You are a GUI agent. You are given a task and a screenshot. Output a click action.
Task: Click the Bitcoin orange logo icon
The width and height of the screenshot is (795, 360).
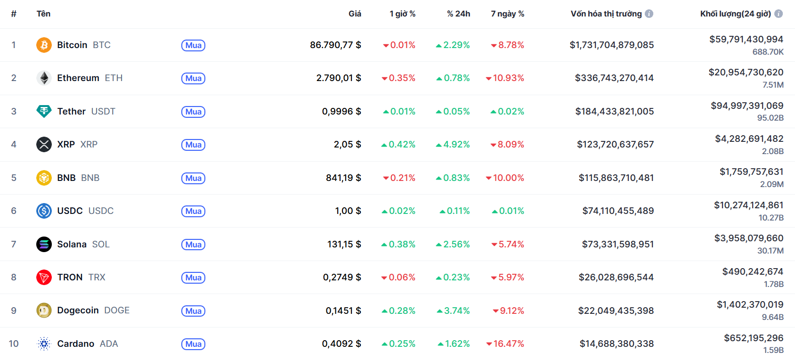coord(44,45)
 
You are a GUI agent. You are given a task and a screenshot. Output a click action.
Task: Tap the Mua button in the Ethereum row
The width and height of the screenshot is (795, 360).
coord(193,78)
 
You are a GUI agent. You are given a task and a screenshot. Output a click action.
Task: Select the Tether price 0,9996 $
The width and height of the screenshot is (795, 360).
coord(341,111)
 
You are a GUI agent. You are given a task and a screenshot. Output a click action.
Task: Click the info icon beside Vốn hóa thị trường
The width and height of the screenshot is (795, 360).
coord(649,14)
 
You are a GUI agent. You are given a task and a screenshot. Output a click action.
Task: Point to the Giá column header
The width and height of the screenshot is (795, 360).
coord(355,14)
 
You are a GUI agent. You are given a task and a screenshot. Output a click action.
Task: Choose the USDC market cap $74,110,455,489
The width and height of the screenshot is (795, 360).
coord(618,211)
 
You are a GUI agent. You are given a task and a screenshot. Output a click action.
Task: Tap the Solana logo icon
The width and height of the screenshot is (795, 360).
coord(44,244)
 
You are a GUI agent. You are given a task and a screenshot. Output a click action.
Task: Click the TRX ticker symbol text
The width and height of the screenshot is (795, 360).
coord(97,277)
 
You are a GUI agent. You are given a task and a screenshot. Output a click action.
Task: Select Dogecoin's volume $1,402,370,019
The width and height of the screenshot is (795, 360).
coord(750,304)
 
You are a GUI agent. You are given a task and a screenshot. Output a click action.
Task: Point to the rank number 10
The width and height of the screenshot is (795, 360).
coord(14,344)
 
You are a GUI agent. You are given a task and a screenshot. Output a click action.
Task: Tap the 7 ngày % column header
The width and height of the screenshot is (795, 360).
coord(507,14)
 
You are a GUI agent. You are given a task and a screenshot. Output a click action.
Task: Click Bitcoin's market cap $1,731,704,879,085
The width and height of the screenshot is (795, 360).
coord(612,45)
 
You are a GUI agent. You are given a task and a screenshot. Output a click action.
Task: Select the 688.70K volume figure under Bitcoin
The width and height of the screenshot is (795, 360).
coord(768,52)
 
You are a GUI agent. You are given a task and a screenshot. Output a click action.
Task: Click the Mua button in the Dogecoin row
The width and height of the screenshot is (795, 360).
coord(193,311)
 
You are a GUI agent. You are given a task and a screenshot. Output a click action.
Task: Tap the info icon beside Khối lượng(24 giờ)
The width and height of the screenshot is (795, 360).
coord(779,14)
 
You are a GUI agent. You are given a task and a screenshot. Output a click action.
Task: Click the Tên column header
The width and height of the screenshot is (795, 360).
coord(43,14)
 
